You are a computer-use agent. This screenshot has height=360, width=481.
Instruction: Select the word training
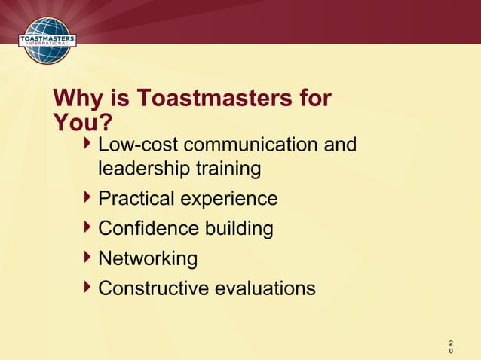(x=227, y=169)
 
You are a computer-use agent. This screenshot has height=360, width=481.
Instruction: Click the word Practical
(x=136, y=199)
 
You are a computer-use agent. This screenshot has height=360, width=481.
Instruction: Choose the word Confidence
(x=146, y=228)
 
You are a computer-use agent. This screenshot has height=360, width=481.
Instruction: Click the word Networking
(x=148, y=259)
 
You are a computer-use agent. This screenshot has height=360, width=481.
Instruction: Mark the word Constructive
(x=151, y=288)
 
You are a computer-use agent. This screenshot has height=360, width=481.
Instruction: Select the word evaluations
(x=262, y=288)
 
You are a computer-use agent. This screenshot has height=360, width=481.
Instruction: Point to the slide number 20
(x=451, y=344)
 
